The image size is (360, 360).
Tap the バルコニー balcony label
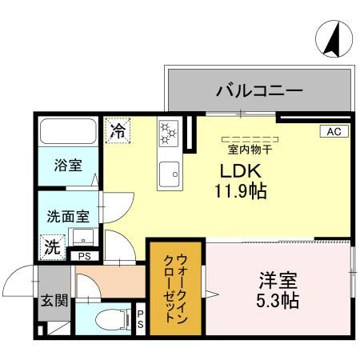258,91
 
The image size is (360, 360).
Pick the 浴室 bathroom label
68,166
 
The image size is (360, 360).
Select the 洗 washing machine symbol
52,247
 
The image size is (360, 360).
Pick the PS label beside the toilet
139,320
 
